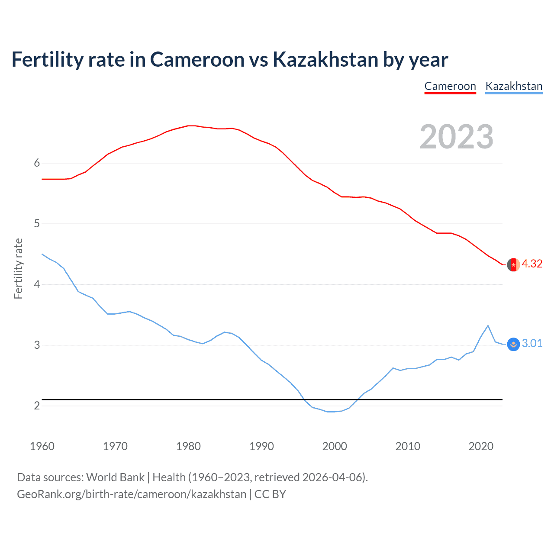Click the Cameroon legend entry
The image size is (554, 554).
450,86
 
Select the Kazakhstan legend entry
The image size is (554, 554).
514,86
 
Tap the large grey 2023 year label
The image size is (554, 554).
457,137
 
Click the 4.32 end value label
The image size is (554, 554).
532,264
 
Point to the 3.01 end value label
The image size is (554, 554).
532,344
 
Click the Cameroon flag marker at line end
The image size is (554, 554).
513,264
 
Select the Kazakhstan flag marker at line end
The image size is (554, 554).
513,344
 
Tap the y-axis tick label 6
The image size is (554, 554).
37,163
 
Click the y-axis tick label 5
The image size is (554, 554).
37,224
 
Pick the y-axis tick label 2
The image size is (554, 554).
37,406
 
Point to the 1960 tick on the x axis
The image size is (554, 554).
42,446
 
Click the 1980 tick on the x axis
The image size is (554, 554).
188,446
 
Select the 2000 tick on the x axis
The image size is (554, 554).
335,446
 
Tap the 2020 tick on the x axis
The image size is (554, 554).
481,446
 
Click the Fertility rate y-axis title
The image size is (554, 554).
18,268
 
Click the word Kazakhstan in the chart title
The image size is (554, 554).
325,60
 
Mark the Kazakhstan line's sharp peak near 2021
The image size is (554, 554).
488,325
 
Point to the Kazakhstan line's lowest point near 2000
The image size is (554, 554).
331,412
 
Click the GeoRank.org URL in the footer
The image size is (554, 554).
132,494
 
